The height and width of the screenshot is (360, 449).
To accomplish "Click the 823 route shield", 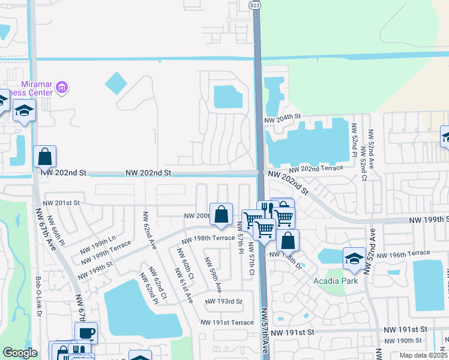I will [x=254, y=5].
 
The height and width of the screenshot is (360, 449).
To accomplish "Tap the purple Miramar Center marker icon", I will [x=61, y=89].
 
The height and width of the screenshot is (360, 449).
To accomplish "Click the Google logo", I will [x=20, y=353].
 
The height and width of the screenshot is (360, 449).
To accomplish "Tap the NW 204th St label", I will [x=282, y=117].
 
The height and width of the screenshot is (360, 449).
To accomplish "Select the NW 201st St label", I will [x=61, y=203].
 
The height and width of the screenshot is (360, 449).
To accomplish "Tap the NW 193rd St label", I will [x=223, y=301].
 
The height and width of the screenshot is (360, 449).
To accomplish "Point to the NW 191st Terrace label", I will [x=230, y=323].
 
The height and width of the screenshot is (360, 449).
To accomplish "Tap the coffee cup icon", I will [x=86, y=332].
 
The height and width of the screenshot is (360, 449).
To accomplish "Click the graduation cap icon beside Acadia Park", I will [x=354, y=258].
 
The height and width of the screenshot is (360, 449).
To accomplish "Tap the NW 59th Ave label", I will [x=214, y=275].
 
